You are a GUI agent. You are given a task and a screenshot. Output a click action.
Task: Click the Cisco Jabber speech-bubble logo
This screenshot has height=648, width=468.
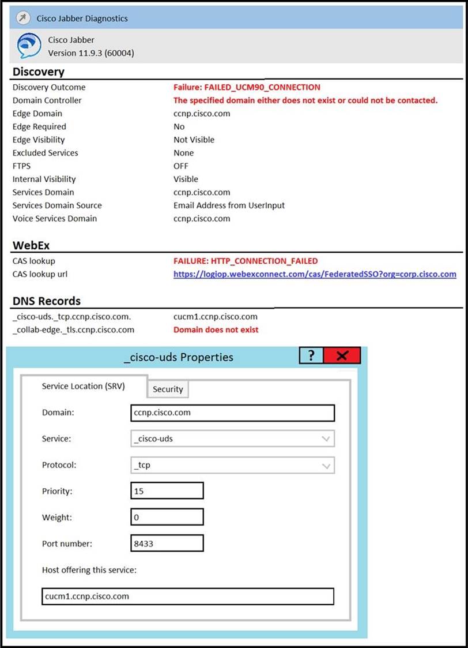29,46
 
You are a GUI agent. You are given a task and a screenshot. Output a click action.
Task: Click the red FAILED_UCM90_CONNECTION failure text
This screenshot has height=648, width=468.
247,87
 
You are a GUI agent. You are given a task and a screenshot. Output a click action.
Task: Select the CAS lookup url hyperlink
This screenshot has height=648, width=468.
315,274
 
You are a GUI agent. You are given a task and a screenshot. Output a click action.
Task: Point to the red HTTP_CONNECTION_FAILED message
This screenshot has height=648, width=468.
246,261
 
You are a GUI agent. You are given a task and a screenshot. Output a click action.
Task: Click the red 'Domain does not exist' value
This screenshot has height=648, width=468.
216,329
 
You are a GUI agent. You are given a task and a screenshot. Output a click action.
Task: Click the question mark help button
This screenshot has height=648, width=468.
312,356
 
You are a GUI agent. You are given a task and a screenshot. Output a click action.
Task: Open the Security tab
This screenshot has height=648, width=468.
168,389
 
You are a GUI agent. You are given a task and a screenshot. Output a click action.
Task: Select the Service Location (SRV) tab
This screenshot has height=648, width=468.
84,386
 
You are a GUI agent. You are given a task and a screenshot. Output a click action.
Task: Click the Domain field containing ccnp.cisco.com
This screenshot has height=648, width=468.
232,413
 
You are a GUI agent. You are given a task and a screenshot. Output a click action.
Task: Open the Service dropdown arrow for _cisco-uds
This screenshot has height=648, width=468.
326,439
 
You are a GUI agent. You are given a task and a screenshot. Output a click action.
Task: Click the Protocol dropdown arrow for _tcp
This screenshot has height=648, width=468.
326,465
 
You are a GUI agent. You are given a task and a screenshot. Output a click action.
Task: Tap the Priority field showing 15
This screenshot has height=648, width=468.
167,491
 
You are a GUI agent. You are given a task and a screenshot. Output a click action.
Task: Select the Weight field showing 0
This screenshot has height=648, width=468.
167,517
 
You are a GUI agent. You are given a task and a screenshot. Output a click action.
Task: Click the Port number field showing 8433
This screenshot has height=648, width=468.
167,544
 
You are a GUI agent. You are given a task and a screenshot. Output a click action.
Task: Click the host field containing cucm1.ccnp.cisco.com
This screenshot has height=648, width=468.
188,596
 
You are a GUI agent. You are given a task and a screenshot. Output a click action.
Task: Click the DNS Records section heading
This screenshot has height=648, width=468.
47,301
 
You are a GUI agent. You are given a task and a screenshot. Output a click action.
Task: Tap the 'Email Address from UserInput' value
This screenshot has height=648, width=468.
229,205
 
